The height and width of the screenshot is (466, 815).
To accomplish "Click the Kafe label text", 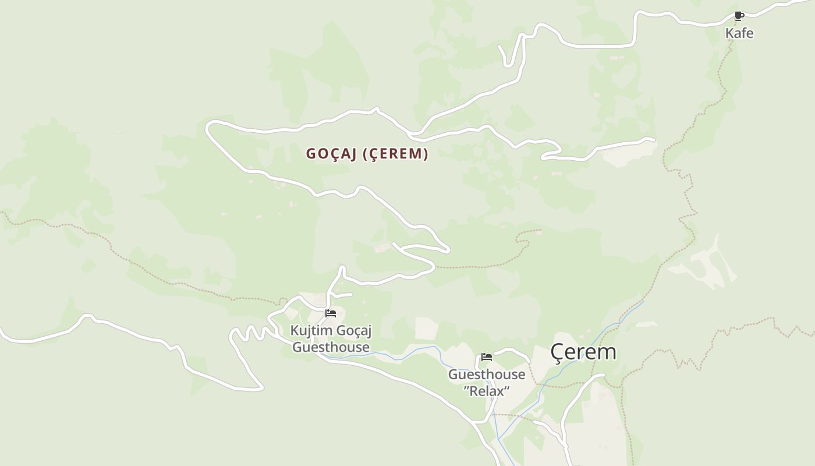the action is pos(739,33).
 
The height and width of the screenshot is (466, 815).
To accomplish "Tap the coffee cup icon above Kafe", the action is pos(739,16).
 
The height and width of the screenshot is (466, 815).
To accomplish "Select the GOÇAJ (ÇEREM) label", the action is pos(367,154).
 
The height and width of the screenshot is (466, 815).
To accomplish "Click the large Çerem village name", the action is pos(583,352).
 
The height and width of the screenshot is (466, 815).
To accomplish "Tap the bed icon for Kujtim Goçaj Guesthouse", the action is pos(331,313).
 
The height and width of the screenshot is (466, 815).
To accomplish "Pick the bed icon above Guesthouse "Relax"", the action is pos(487,357).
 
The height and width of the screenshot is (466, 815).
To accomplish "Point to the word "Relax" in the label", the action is pos(487,391).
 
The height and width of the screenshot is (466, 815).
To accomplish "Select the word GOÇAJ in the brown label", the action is pos(331,154).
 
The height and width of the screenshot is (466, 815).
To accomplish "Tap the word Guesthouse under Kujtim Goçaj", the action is pos(331,347).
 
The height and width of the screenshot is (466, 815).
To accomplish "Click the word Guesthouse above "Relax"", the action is pos(487,375).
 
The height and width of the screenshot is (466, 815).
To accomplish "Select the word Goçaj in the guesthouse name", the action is pos(353,331).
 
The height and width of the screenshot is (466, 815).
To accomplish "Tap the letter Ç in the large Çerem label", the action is pos(558,352).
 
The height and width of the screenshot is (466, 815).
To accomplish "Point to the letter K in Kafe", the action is pos(729,33).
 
